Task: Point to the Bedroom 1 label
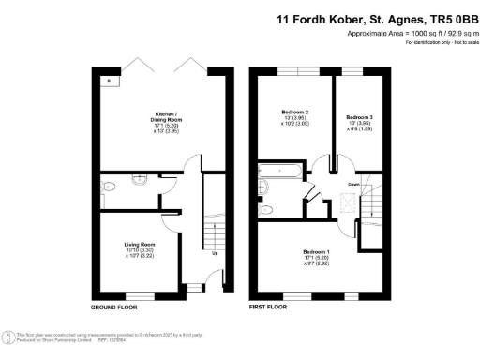pyautogui.click(x=315, y=251)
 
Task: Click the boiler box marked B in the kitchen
pyautogui.click(x=110, y=82)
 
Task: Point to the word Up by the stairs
pyautogui.click(x=215, y=254)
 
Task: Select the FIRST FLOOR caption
pyautogui.click(x=269, y=307)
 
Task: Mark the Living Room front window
pyautogui.click(x=141, y=295)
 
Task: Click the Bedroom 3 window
pyautogui.click(x=351, y=70)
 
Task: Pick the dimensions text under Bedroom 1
pyautogui.click(x=315, y=262)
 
